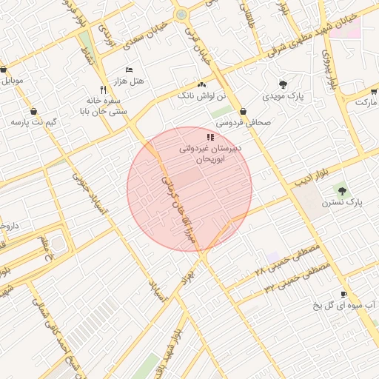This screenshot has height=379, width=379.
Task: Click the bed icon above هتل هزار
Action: click(x=130, y=70)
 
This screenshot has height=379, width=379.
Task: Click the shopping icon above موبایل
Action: click(x=4, y=70)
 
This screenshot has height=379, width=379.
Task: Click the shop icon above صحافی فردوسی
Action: click(x=243, y=112)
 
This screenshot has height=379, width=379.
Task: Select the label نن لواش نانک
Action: click(x=196, y=96)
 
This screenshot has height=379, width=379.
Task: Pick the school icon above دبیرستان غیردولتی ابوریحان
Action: click(x=210, y=137)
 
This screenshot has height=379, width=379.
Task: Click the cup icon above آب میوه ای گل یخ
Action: click(x=343, y=294)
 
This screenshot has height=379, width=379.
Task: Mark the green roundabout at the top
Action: click(x=181, y=15)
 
